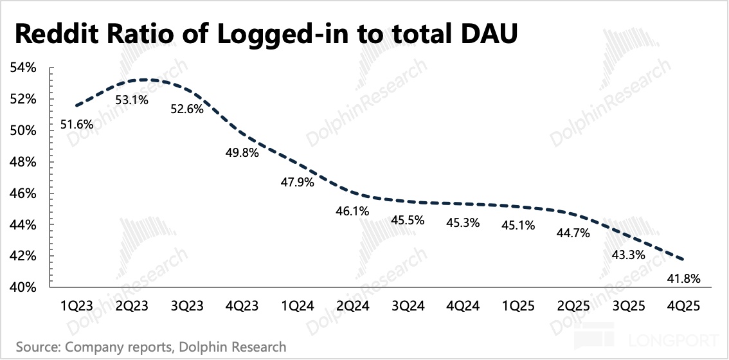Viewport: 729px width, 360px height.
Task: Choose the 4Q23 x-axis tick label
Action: (242, 307)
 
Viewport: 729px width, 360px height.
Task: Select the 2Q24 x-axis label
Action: (352, 307)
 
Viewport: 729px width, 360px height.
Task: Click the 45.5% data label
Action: (408, 221)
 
